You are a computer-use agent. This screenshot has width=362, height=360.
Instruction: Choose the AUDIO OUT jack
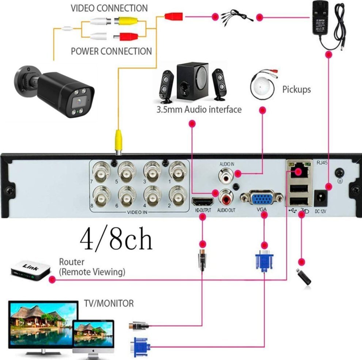tap(225, 198)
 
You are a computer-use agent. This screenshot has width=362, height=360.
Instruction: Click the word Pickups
tap(296, 89)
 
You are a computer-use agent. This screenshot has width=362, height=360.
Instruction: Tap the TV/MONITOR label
tap(109, 303)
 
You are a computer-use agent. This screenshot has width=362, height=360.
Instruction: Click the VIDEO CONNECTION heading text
tap(109, 8)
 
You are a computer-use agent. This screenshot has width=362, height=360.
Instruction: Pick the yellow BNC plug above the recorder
tap(118, 141)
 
